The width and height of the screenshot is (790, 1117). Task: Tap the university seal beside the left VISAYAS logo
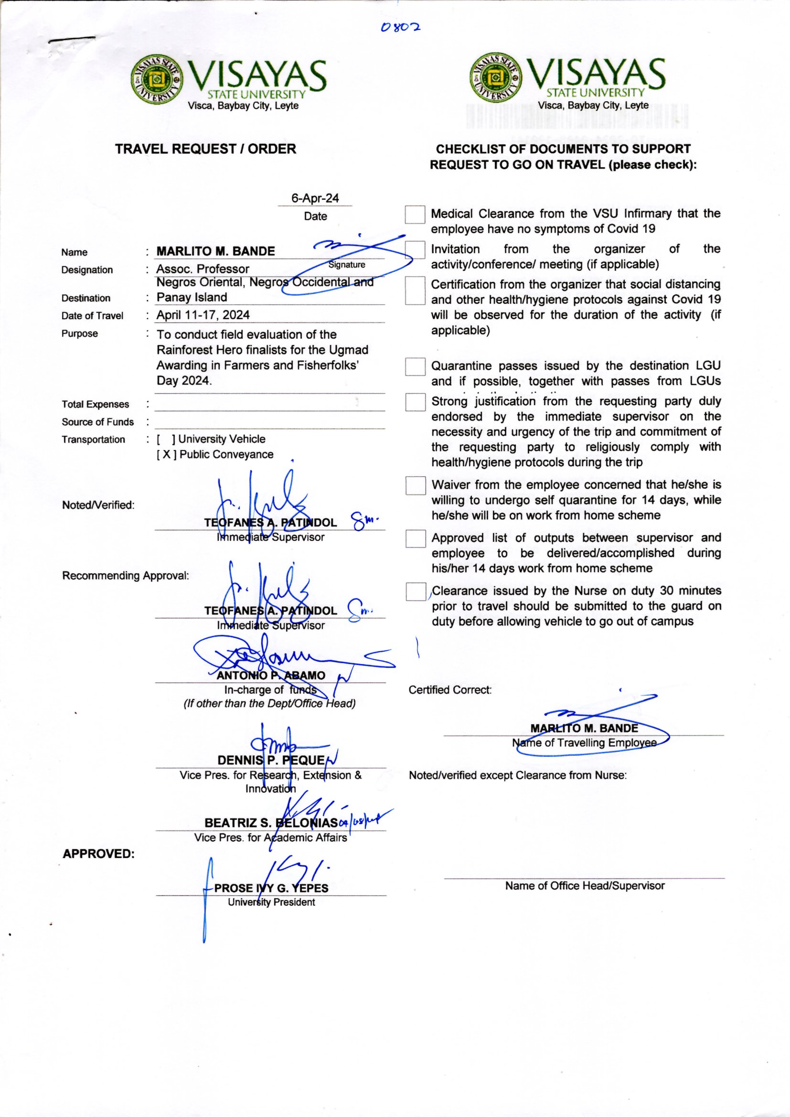(157, 79)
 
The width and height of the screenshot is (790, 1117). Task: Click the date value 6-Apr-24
(315, 198)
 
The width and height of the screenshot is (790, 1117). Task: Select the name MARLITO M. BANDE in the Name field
(215, 251)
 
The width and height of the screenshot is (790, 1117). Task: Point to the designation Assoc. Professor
(203, 269)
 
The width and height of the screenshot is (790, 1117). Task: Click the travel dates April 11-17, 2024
(203, 315)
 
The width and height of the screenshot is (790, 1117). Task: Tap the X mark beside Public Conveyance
(166, 455)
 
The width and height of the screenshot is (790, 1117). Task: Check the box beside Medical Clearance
(415, 215)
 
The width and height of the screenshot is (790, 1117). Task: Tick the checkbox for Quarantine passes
(415, 367)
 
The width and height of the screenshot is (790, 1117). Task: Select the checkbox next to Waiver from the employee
(416, 485)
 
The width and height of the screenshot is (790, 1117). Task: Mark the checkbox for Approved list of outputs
(416, 538)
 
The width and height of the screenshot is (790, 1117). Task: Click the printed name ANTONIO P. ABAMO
(271, 676)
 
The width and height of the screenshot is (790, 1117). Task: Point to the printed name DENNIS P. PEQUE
(271, 761)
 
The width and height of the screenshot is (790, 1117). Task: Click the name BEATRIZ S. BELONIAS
(271, 823)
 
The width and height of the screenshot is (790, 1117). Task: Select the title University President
(271, 902)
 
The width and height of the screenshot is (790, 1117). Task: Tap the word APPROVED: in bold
(98, 854)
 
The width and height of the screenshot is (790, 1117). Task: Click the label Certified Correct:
(450, 690)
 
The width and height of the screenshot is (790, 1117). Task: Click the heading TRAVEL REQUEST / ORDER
(205, 149)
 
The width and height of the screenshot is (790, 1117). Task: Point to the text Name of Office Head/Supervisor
(584, 886)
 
